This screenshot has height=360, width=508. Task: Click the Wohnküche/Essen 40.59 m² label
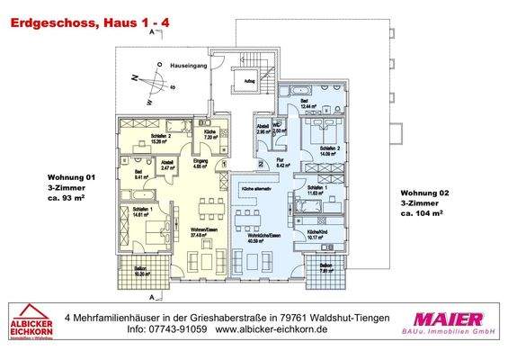261,238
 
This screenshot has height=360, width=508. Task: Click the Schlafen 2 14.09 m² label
325,151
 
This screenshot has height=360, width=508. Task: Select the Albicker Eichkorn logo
30,324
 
